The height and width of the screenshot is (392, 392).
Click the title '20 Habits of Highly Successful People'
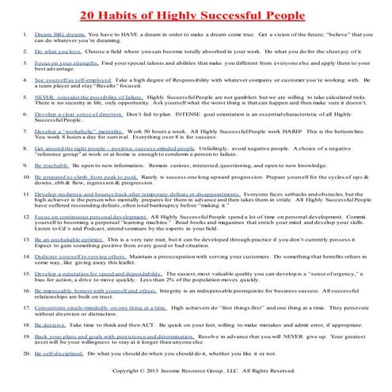195,14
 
